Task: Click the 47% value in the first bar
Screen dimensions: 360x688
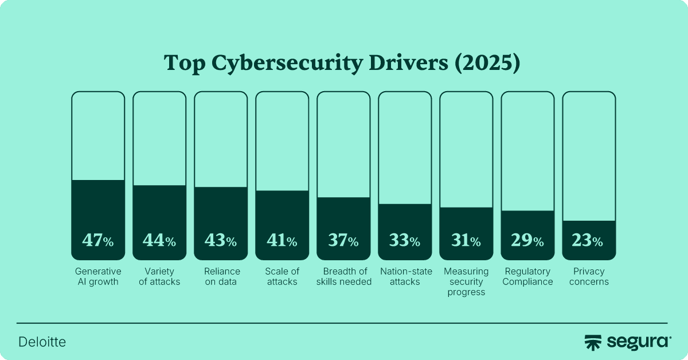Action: pos(97,241)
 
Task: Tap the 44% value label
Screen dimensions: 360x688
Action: pos(159,241)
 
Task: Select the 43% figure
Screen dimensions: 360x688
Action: pos(220,241)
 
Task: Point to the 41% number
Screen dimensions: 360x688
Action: pos(282,241)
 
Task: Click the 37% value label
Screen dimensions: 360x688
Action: pos(343,241)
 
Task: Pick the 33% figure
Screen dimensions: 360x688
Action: pos(404,241)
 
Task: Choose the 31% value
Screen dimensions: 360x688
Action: pos(466,241)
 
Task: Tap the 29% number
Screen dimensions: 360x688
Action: pos(527,241)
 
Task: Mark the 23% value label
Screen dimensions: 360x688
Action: pos(588,241)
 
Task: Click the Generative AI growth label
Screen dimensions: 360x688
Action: pos(97,276)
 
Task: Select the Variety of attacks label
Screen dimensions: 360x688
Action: pos(159,276)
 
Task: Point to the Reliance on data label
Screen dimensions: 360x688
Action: pos(220,276)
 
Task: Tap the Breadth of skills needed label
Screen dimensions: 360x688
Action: pos(343,276)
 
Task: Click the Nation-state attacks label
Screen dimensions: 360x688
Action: pos(404,276)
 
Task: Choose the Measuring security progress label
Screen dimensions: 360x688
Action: pos(466,281)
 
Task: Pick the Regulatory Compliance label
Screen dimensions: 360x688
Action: pos(527,276)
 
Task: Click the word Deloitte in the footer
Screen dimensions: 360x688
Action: pos(42,342)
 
